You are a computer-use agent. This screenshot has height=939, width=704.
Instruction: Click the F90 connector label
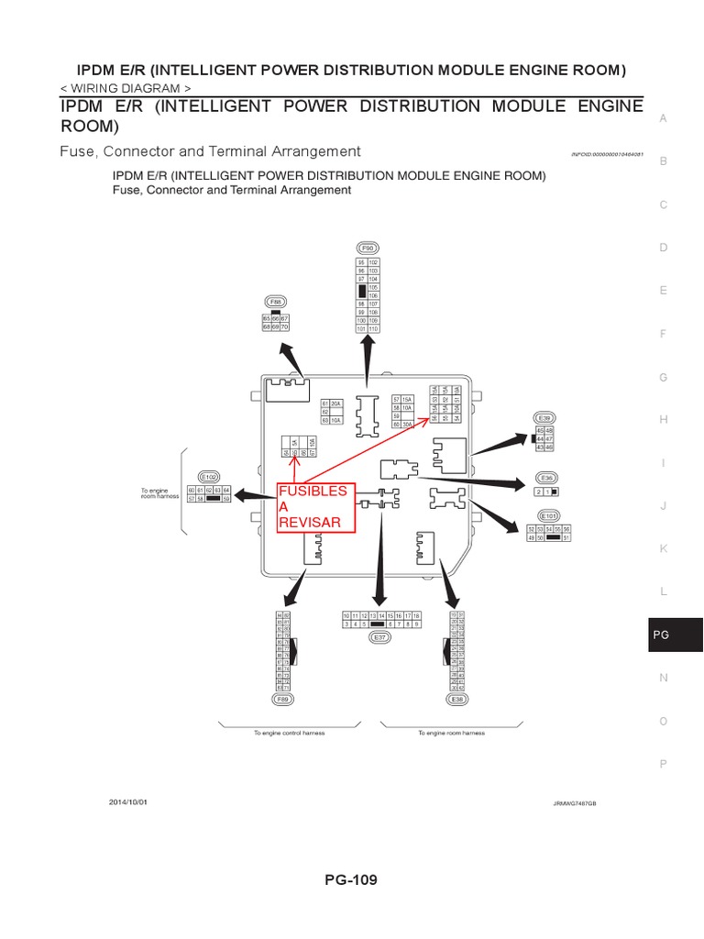(x=368, y=248)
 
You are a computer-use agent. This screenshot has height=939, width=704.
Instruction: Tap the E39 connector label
(x=544, y=417)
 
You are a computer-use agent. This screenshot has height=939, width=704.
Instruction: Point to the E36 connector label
(x=547, y=478)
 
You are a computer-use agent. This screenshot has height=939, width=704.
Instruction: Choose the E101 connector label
(x=549, y=515)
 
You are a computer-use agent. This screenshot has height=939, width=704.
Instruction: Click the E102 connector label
(x=209, y=477)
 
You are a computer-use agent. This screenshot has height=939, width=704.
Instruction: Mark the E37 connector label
(x=378, y=635)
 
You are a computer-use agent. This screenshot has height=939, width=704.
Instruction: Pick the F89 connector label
(x=283, y=699)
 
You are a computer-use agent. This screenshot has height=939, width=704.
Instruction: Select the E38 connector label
(x=456, y=699)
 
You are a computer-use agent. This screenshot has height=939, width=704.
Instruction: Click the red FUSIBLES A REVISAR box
(x=313, y=507)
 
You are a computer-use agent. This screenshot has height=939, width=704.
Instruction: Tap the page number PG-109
(x=350, y=879)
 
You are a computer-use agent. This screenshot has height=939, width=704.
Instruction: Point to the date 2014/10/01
(x=127, y=801)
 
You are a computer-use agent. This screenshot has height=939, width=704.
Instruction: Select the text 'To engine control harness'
(x=290, y=733)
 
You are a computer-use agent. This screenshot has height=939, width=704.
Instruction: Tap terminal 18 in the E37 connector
(x=416, y=615)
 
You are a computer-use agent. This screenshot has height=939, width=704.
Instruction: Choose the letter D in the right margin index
(x=663, y=248)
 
